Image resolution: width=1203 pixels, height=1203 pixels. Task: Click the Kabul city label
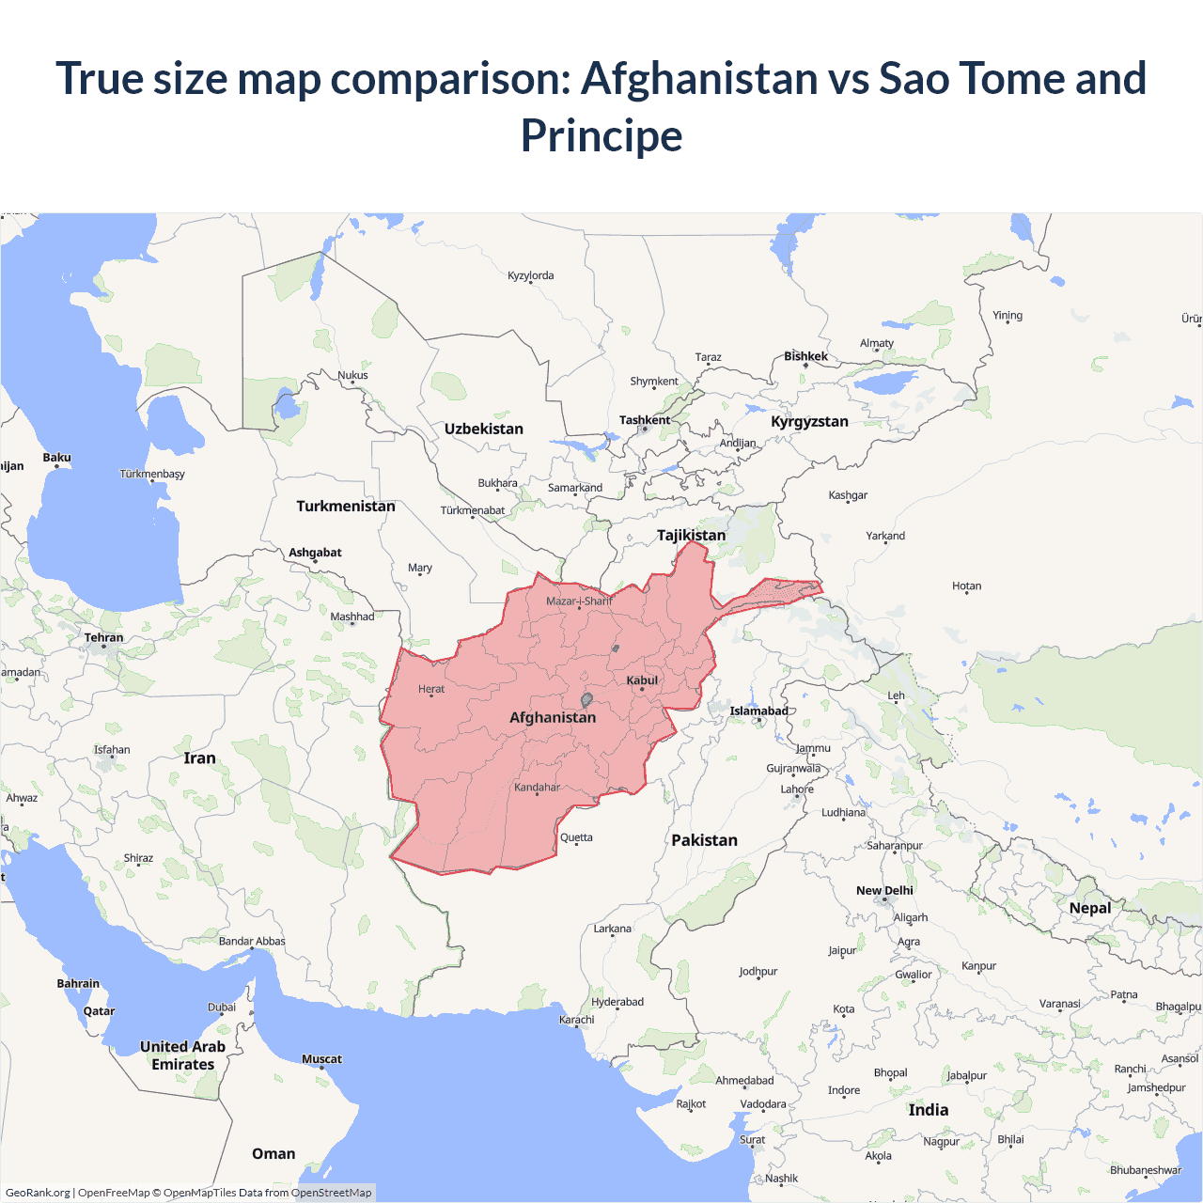pos(642,680)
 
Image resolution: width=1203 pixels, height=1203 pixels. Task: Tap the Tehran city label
pos(103,637)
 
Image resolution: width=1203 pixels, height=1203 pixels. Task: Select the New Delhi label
pos(884,890)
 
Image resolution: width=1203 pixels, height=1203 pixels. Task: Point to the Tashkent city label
pos(645,420)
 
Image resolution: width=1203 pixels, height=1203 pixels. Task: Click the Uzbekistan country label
pos(484,429)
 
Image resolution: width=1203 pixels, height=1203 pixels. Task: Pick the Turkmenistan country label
pos(346,506)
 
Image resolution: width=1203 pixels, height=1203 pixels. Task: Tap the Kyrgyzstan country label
pos(809,421)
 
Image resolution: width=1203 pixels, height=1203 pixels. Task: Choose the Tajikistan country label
pos(691,535)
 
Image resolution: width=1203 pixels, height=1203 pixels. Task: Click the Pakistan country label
pos(704,840)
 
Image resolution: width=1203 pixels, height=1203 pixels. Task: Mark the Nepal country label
pos(1089,908)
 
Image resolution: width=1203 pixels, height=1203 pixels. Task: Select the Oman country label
pos(273,1153)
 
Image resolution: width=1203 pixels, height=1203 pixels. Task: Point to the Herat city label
pos(431,689)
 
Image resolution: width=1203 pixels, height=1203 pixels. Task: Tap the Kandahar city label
pos(537,787)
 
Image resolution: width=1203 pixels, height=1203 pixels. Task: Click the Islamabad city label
pos(758,711)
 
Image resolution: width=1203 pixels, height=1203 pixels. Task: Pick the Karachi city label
pos(577,1019)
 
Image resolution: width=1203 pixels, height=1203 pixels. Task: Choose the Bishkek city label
pos(805,356)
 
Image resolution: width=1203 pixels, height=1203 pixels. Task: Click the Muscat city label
pos(321,1059)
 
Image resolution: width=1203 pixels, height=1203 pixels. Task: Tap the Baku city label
pos(56,458)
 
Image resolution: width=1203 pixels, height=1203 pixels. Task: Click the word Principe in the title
pos(601,135)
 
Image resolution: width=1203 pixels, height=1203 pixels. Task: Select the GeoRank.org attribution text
pos(38,1193)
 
